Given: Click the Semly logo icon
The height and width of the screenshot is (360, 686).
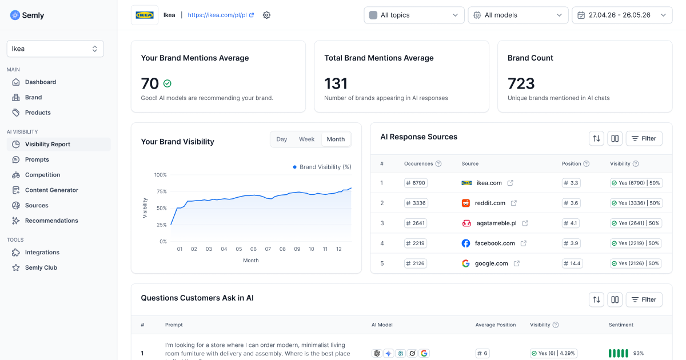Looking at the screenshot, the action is pyautogui.click(x=15, y=15).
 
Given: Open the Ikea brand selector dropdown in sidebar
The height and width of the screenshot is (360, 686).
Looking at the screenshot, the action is pyautogui.click(x=55, y=49).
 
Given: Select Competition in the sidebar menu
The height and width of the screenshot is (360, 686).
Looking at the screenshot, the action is pyautogui.click(x=42, y=175).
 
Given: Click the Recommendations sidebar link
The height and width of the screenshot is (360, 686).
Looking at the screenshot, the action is pyautogui.click(x=51, y=221).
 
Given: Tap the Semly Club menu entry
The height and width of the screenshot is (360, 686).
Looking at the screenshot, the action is pyautogui.click(x=41, y=267).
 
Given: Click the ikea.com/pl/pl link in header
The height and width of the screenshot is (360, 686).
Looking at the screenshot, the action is pyautogui.click(x=221, y=15).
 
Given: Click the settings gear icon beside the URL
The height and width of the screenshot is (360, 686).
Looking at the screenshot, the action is pyautogui.click(x=266, y=15).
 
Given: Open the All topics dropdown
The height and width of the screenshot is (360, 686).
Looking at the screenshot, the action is pyautogui.click(x=414, y=15).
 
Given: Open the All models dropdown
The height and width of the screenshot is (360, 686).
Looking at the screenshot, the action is pyautogui.click(x=518, y=15).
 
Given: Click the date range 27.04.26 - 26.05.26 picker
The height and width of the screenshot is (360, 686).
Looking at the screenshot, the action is pyautogui.click(x=622, y=15).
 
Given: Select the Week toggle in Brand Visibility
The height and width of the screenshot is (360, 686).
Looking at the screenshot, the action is pyautogui.click(x=306, y=139).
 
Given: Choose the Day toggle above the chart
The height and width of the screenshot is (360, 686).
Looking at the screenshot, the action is pyautogui.click(x=281, y=139).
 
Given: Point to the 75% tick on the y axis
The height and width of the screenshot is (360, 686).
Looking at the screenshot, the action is pyautogui.click(x=161, y=191).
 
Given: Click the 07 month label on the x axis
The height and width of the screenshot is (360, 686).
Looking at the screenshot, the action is pyautogui.click(x=268, y=249).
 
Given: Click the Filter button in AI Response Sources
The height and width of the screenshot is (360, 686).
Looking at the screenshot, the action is pyautogui.click(x=644, y=138).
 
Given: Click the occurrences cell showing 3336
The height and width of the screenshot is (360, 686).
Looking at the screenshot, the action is pyautogui.click(x=416, y=203).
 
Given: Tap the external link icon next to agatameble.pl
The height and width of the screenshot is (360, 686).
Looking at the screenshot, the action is pyautogui.click(x=525, y=223).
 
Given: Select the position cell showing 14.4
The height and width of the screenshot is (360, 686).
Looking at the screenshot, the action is pyautogui.click(x=572, y=263).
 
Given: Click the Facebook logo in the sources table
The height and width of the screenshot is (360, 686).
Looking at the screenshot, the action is pyautogui.click(x=465, y=243).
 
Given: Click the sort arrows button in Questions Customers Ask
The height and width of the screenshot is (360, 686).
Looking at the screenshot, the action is pyautogui.click(x=596, y=299).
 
